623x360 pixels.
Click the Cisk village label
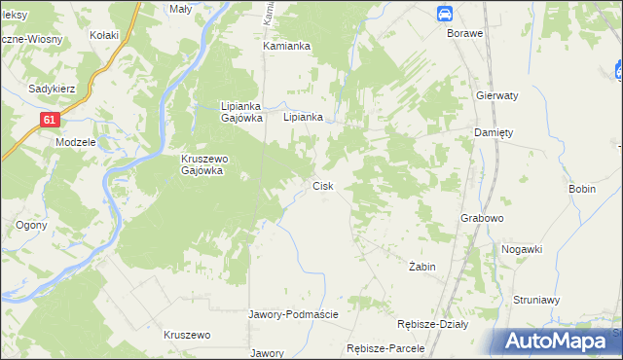pyautogui.click(x=323, y=186)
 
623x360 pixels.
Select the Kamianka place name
pyautogui.click(x=286, y=46)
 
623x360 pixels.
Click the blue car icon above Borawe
pyautogui.click(x=444, y=13)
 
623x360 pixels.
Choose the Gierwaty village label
pyautogui.click(x=496, y=96)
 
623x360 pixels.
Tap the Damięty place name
pyautogui.click(x=493, y=132)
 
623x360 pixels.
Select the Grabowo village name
pyautogui.click(x=481, y=219)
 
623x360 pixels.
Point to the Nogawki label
pyautogui.click(x=521, y=249)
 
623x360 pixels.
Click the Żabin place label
pyautogui.click(x=421, y=266)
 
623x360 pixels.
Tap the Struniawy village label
pyautogui.click(x=536, y=301)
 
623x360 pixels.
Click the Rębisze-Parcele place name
pyautogui.click(x=387, y=348)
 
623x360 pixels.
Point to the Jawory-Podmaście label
pyautogui.click(x=293, y=314)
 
